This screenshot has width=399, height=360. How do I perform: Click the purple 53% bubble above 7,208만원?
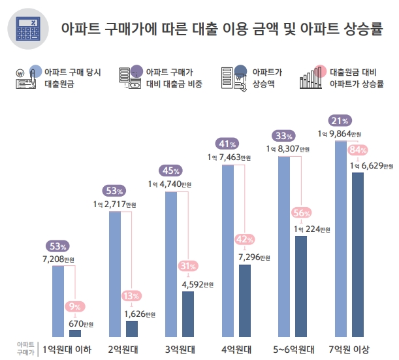[56, 246]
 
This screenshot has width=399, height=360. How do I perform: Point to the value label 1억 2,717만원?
[115, 205]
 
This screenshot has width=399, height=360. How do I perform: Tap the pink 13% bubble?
[131, 297]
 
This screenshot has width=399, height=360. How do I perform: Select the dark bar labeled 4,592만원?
[188, 314]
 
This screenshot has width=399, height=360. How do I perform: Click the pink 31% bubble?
[188, 266]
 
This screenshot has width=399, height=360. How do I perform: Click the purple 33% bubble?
[283, 136]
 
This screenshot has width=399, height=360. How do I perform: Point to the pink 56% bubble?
[301, 213]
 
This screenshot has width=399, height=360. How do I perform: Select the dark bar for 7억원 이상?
[358, 255]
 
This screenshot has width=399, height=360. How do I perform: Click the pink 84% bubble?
[357, 150]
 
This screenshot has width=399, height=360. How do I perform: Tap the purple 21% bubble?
[340, 121]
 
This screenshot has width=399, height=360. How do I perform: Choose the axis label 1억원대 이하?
[66, 349]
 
